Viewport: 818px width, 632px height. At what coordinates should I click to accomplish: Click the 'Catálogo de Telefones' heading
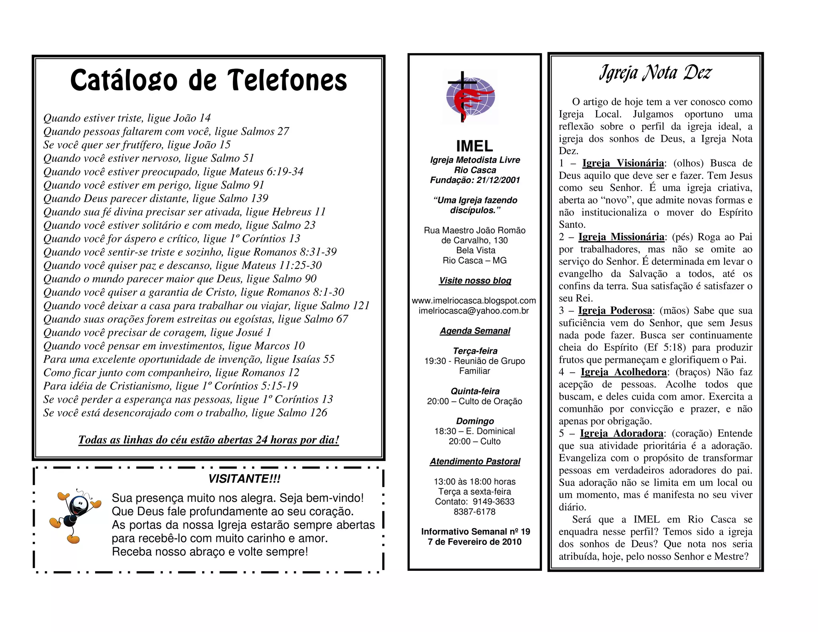(x=208, y=80)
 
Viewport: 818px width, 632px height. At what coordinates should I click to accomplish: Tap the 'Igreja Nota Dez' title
(x=655, y=73)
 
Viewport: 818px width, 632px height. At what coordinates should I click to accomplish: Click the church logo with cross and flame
(x=471, y=97)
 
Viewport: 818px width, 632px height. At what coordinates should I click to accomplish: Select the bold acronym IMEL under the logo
(x=475, y=146)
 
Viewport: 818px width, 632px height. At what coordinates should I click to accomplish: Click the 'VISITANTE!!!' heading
(x=244, y=479)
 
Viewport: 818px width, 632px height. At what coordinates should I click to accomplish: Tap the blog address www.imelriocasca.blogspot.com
(x=474, y=300)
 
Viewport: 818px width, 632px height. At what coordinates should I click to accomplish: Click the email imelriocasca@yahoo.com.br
(x=474, y=311)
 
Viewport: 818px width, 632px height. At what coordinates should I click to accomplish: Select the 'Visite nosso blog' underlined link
(x=475, y=280)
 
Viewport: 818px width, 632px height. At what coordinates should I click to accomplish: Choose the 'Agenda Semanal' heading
(x=475, y=331)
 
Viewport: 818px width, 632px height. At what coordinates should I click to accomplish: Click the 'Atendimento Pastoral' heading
(x=475, y=461)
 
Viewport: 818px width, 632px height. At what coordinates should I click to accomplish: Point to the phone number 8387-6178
(x=475, y=512)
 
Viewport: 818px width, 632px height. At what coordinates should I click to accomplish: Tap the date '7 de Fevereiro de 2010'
(x=475, y=542)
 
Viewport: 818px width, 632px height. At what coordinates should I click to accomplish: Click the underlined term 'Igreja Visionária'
(x=623, y=163)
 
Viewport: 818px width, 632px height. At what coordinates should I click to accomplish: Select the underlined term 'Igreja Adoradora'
(x=621, y=433)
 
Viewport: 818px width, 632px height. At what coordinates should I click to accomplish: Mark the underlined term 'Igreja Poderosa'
(x=615, y=310)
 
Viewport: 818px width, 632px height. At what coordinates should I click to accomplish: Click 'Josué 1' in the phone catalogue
(x=254, y=332)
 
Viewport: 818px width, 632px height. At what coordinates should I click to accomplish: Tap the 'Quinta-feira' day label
(x=475, y=391)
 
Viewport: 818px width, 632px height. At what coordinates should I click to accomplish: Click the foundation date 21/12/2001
(x=498, y=180)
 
